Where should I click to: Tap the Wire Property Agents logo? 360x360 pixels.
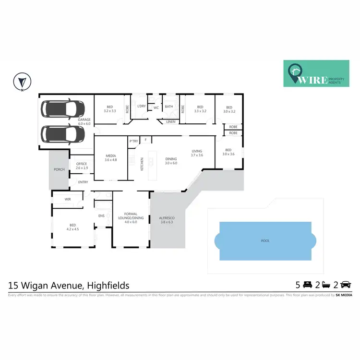(316, 73)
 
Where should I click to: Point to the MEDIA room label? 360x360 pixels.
(111, 157)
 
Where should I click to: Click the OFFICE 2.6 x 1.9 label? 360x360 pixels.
(82, 166)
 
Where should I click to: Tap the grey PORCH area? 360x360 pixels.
(59, 169)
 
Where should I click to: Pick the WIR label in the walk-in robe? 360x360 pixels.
(68, 199)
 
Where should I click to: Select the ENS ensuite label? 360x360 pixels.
(101, 216)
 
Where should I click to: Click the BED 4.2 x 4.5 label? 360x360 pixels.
(72, 227)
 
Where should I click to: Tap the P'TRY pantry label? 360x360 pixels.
(133, 141)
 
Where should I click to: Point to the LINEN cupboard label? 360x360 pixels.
(171, 122)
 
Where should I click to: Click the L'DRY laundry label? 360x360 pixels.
(141, 106)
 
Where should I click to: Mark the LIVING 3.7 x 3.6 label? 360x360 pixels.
(197, 153)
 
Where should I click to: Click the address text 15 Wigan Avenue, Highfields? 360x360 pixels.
(69, 285)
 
